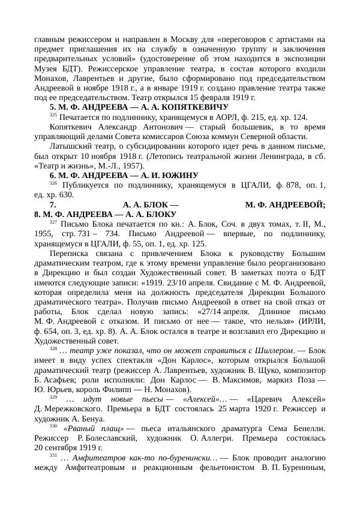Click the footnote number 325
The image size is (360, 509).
coord(53,115)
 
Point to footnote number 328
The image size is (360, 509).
coord(53,348)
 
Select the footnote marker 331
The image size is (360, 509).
coord(53,455)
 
